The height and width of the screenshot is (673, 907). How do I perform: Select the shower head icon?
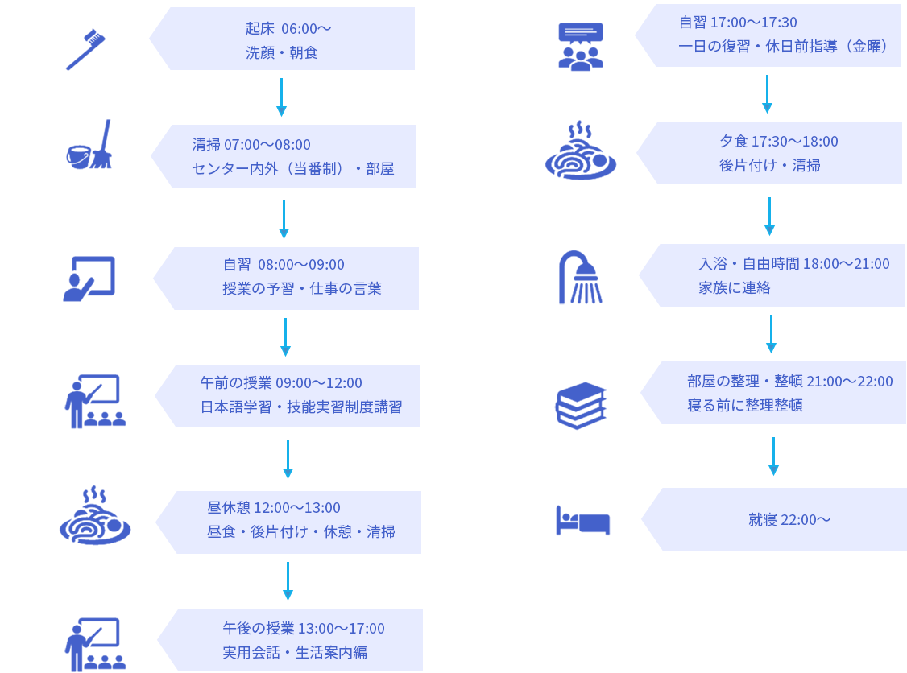(x=580, y=279)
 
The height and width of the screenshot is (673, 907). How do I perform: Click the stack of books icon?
(x=581, y=405)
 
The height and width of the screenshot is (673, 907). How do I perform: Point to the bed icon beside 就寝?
(x=583, y=520)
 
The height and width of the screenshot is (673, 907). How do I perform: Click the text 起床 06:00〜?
(x=288, y=29)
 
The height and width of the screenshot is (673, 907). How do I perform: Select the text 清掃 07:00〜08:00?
(x=251, y=145)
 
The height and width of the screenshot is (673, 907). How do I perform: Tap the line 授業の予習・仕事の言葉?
(x=302, y=288)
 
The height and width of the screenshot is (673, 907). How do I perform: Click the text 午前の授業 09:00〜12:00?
(x=281, y=383)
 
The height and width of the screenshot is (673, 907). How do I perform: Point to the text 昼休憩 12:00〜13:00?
(x=274, y=508)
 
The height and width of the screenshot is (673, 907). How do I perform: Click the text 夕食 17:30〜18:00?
(x=778, y=142)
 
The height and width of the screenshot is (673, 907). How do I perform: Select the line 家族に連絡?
(x=735, y=287)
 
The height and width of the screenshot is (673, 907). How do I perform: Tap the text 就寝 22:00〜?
(x=789, y=520)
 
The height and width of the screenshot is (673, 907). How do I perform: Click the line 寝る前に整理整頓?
(x=745, y=405)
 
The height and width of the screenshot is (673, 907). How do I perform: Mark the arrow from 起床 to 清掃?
(x=281, y=97)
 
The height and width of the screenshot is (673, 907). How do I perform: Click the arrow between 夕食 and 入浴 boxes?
(x=769, y=217)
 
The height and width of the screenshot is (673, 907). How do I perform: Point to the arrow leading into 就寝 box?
(x=773, y=457)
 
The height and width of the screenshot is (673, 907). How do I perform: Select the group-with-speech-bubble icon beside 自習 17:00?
(x=581, y=46)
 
